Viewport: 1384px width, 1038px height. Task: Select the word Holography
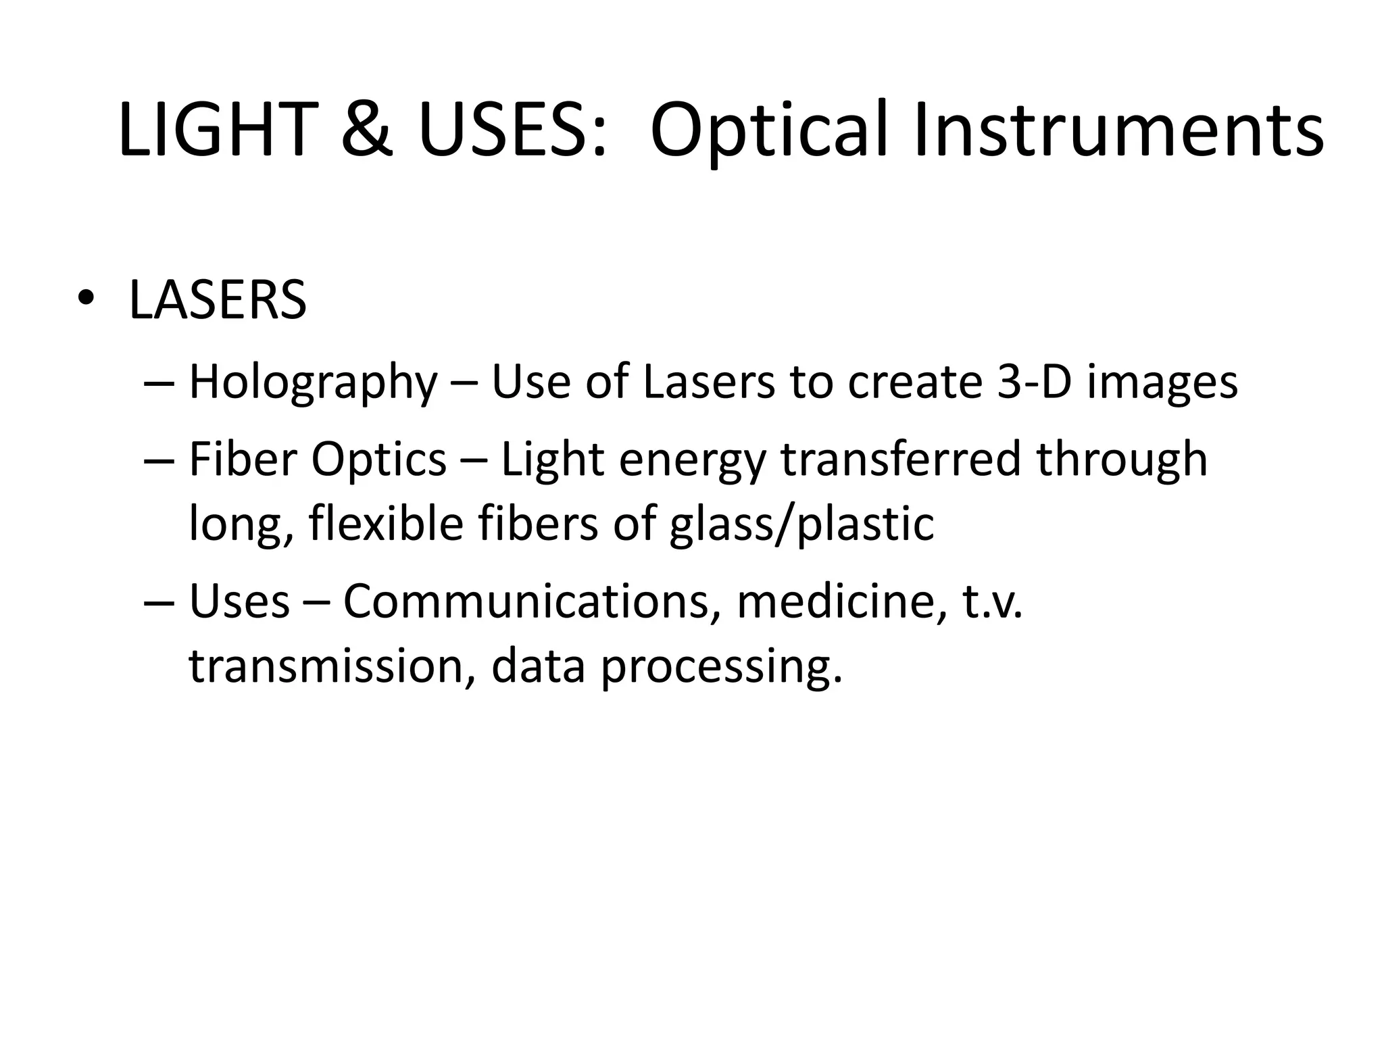(x=314, y=382)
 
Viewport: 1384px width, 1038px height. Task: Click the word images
(x=1162, y=382)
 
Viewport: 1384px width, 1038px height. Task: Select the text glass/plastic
(x=801, y=524)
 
